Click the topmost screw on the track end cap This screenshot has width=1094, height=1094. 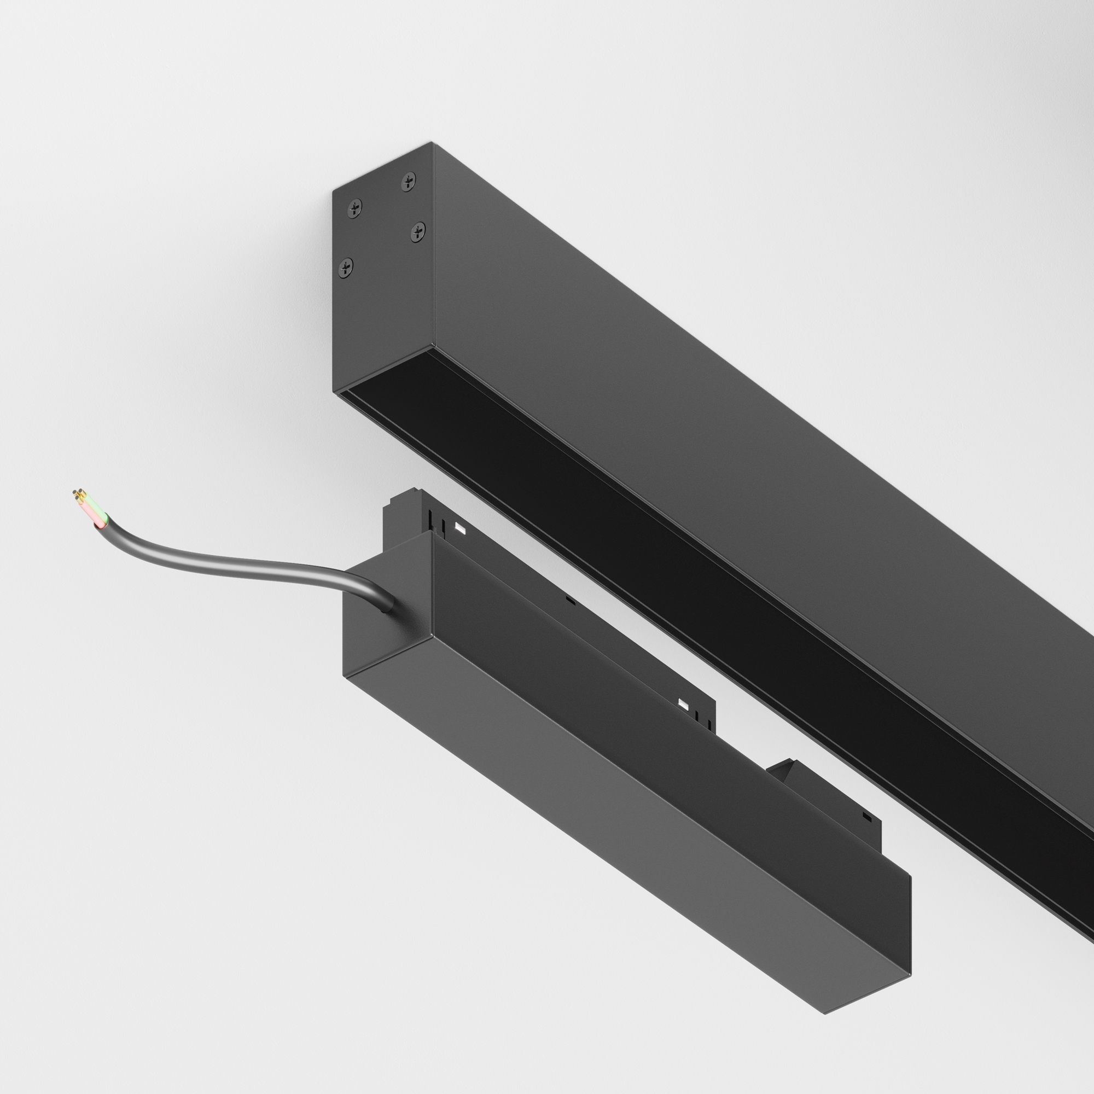coord(408,182)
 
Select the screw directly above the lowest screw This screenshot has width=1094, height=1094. coord(355,209)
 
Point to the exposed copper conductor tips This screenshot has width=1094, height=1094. coord(78,495)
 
